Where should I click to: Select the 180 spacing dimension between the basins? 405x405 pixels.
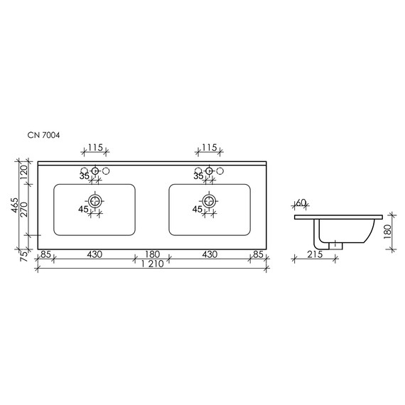[x=151, y=254]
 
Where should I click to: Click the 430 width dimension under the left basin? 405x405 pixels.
[x=94, y=254]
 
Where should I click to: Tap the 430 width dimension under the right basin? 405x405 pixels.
[x=209, y=254]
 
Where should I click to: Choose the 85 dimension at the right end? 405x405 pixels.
[x=258, y=254]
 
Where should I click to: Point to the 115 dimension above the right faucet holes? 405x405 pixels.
[x=209, y=147]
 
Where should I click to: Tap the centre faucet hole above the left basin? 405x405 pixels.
[x=94, y=171]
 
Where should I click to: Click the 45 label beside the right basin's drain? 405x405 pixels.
[x=197, y=209]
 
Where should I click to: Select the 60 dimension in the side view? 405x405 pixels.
[x=301, y=203]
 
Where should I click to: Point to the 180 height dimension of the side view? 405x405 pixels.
[x=388, y=232]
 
